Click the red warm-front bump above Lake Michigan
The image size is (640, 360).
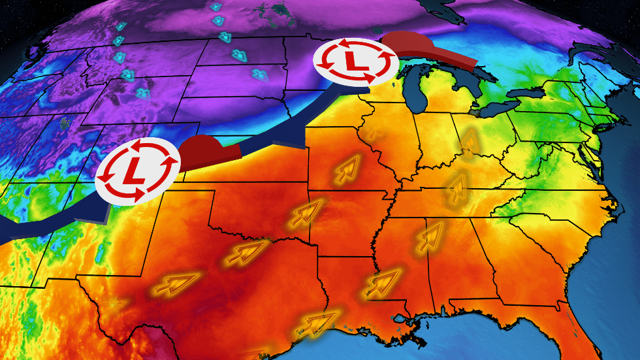[425, 50]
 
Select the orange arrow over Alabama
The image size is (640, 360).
[432, 235]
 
